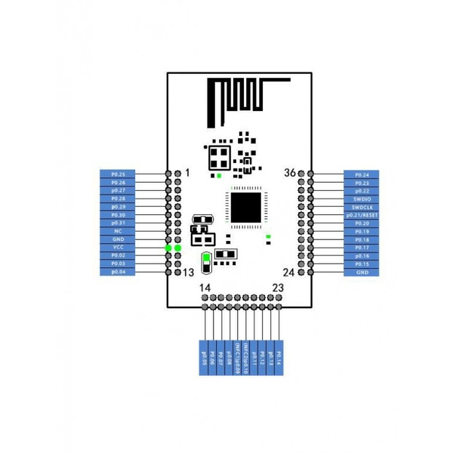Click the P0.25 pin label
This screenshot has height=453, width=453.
coord(118,174)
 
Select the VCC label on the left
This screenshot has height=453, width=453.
coord(118,248)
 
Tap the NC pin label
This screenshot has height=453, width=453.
coord(118,231)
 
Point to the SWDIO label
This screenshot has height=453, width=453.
coord(361,199)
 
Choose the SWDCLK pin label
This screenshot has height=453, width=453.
coord(361,207)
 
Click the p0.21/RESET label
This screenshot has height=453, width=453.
coord(361,215)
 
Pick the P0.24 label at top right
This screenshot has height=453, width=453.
coord(361,174)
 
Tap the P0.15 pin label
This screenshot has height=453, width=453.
coord(361,263)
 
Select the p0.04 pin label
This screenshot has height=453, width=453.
coord(118,272)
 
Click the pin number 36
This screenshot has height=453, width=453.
coord(290,173)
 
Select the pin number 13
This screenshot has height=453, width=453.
coord(190,272)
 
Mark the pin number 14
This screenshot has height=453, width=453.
coord(205,288)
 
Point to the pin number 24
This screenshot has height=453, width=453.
coord(289,272)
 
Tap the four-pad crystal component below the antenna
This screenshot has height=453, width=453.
coord(220,157)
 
